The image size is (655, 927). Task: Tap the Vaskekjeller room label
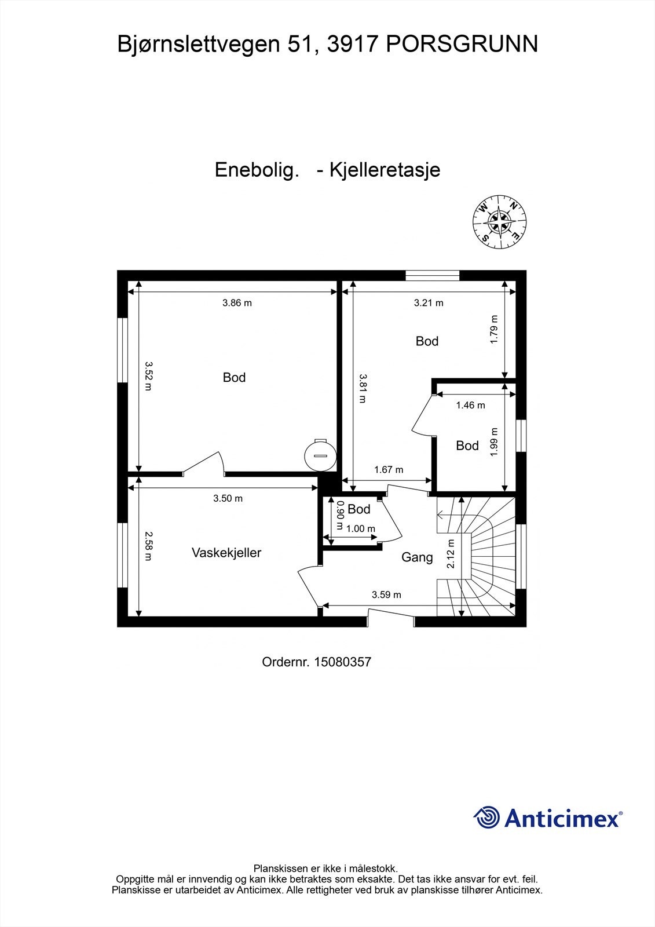click(226, 553)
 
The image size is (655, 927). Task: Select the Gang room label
click(417, 557)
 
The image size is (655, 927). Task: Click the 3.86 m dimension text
click(237, 302)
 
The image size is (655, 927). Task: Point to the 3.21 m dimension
click(429, 302)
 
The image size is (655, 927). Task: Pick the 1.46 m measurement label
click(470, 405)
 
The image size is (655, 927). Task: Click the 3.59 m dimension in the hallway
click(386, 594)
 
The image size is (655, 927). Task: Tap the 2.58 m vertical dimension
click(148, 546)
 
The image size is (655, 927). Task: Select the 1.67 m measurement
click(389, 470)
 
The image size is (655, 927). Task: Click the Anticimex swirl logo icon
click(486, 817)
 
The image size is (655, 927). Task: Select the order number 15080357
click(342, 662)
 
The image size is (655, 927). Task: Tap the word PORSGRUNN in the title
click(462, 44)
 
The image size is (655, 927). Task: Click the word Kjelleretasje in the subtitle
click(385, 170)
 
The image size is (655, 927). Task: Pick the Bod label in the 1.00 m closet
click(359, 509)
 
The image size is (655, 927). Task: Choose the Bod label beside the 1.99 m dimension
click(467, 446)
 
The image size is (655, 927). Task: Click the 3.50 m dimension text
click(228, 498)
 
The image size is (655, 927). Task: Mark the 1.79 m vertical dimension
click(494, 329)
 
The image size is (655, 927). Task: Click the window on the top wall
click(432, 275)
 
